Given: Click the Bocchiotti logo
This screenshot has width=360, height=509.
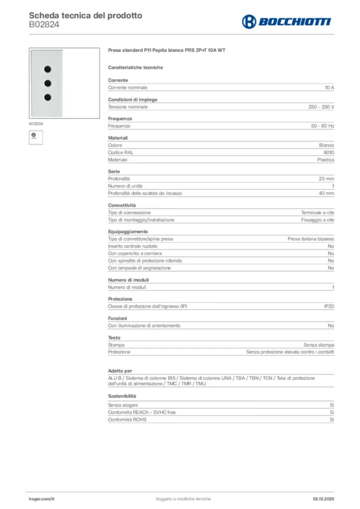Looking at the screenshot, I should tap(286, 21).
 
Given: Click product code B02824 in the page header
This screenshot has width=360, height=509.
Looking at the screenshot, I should tap(44, 24).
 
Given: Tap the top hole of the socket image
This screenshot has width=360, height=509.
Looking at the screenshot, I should tap(48, 69).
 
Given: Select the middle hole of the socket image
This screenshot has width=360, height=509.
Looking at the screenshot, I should tap(48, 83).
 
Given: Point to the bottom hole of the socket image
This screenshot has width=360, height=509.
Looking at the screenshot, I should tap(48, 97).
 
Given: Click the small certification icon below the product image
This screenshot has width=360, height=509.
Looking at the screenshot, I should tap(34, 135).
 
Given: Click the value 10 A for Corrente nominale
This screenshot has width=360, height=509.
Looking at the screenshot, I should tap(329, 87).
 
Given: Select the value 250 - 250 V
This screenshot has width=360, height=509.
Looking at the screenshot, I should tap(321, 107).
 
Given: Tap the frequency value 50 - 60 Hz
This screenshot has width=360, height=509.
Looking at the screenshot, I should tap(323, 126).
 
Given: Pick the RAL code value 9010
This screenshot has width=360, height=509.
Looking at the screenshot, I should tap(329, 153).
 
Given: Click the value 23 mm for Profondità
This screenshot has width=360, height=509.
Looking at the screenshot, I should tap(326, 179).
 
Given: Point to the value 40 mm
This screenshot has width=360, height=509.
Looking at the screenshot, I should tap(326, 193).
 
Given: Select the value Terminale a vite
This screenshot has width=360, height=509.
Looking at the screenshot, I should tap(317, 213).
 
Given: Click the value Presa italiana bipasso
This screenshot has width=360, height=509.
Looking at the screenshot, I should tap(311, 239).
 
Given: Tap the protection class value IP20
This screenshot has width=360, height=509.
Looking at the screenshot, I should tap(329, 307).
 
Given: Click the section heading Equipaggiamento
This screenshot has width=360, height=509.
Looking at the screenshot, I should tap(128, 232).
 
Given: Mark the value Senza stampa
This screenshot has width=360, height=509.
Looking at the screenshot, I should tap(319, 345).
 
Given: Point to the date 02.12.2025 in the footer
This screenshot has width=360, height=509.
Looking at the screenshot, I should tap(323, 499).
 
